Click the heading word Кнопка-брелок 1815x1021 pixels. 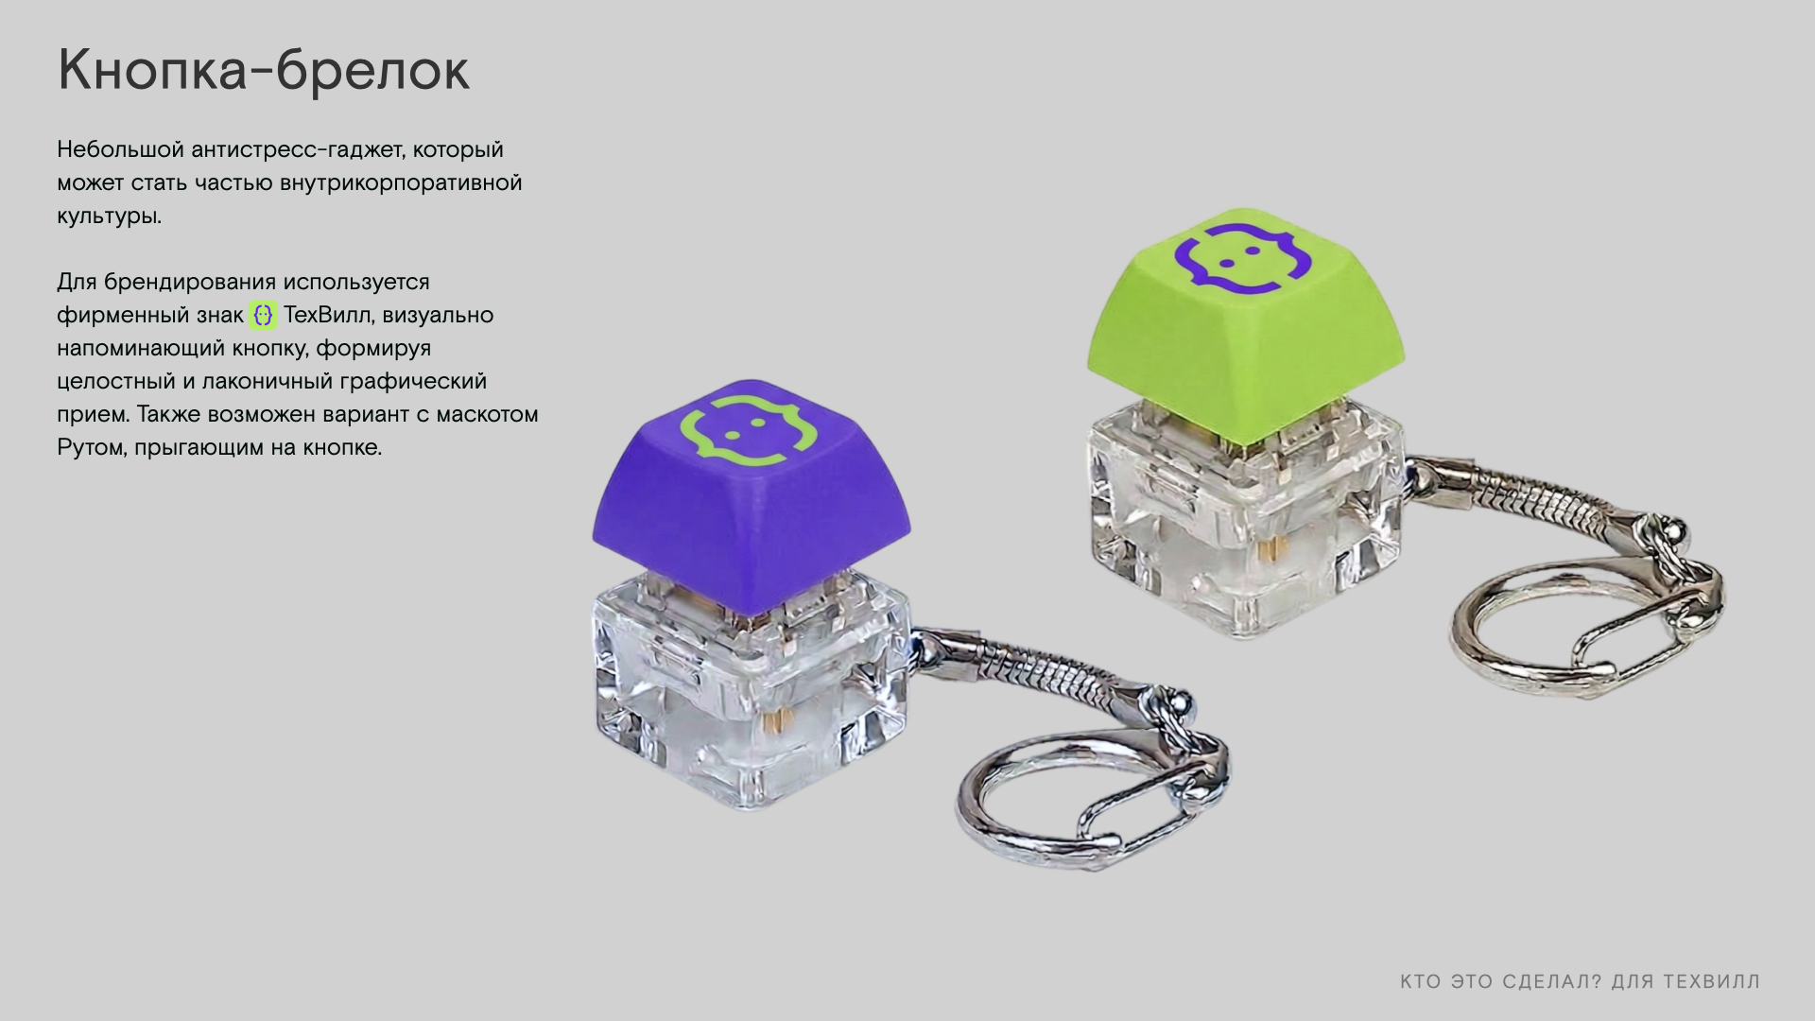pyautogui.click(x=264, y=70)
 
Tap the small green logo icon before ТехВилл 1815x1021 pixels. pyautogui.click(x=263, y=315)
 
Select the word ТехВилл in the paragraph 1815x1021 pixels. pyautogui.click(x=327, y=315)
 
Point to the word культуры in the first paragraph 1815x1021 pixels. pyautogui.click(x=109, y=216)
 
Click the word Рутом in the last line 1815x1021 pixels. pyautogui.click(x=91, y=447)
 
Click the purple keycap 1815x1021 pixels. pyautogui.click(x=752, y=496)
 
